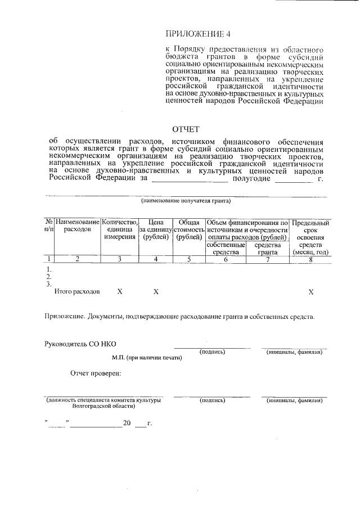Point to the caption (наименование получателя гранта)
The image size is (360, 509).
(x=186, y=201)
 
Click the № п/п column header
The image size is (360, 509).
(x=49, y=226)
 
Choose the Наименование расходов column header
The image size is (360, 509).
(x=77, y=226)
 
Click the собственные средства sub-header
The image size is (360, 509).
(x=226, y=249)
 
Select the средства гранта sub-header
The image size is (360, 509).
(x=268, y=249)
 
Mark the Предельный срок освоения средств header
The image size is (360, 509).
(x=310, y=237)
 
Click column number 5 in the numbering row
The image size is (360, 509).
(x=189, y=259)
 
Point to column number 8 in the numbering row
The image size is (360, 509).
(x=310, y=259)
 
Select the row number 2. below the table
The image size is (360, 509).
(x=49, y=277)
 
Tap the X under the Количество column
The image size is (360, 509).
(x=119, y=292)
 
